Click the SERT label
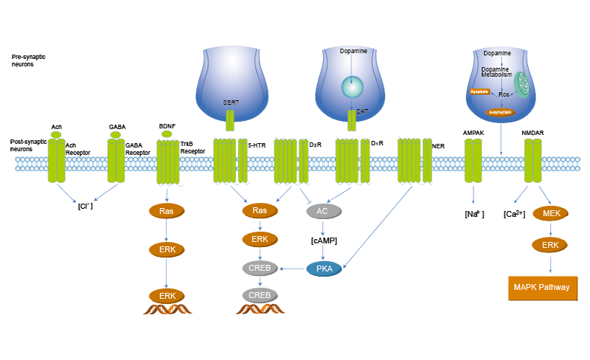pyautogui.click(x=230, y=103)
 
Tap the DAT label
pyautogui.click(x=361, y=111)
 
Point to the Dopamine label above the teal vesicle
pyautogui.click(x=353, y=51)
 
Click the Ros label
pyautogui.click(x=504, y=94)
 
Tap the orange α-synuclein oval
pyautogui.click(x=500, y=112)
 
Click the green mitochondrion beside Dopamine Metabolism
pyautogui.click(x=522, y=84)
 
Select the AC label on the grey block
pyautogui.click(x=322, y=211)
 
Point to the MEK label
pyautogui.click(x=551, y=214)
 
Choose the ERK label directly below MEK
pyautogui.click(x=551, y=245)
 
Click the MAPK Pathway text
pyautogui.click(x=541, y=287)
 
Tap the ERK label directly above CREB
pyautogui.click(x=260, y=240)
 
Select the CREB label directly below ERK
pyautogui.click(x=259, y=269)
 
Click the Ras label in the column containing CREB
pyautogui.click(x=260, y=211)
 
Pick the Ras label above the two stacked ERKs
pyautogui.click(x=167, y=212)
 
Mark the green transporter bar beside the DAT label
pyautogui.click(x=352, y=119)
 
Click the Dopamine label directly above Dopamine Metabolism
pyautogui.click(x=496, y=54)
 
